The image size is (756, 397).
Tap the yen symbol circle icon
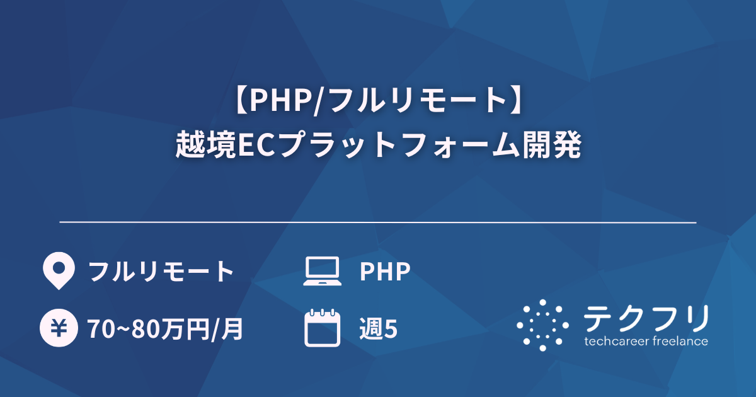pyautogui.click(x=59, y=328)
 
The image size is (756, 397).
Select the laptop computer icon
pyautogui.click(x=322, y=271)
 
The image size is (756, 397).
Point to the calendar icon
pyautogui.click(x=322, y=328)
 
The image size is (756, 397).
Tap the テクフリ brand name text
pyautogui.click(x=646, y=319)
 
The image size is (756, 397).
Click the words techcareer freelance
pyautogui.click(x=646, y=342)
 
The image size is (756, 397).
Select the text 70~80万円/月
pyautogui.click(x=166, y=329)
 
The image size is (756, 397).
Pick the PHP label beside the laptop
pyautogui.click(x=385, y=272)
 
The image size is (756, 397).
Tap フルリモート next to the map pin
pyautogui.click(x=161, y=272)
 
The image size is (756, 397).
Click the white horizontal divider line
pyautogui.click(x=378, y=222)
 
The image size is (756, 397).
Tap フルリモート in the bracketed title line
pyautogui.click(x=411, y=101)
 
